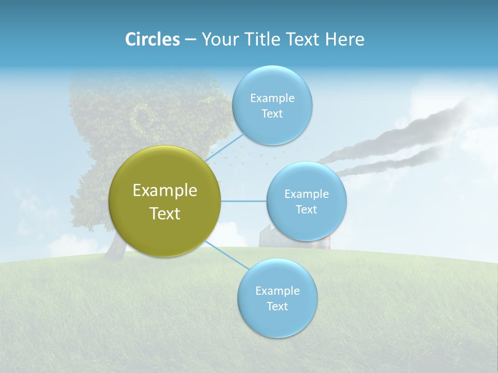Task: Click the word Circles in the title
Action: click(x=152, y=39)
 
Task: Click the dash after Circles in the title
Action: click(x=190, y=40)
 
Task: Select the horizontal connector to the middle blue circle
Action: click(x=243, y=201)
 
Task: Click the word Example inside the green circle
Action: click(x=164, y=190)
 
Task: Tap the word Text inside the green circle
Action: click(x=164, y=213)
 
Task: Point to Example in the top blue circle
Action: click(x=272, y=98)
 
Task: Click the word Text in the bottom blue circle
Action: click(x=277, y=306)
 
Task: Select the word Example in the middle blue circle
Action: click(x=306, y=194)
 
